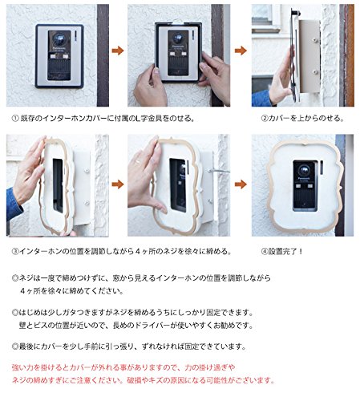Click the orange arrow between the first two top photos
click(x=118, y=51)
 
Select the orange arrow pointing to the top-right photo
click(x=241, y=51)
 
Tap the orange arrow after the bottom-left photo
click(x=118, y=184)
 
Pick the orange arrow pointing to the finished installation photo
click(x=241, y=184)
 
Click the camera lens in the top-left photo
click(x=59, y=39)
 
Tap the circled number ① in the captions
click(x=15, y=118)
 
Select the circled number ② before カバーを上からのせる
click(x=265, y=118)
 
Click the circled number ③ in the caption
click(x=15, y=251)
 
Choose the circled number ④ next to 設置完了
click(x=265, y=251)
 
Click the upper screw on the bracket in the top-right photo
click(x=315, y=40)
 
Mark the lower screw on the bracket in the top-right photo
click(x=315, y=72)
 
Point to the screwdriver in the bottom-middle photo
click(x=219, y=171)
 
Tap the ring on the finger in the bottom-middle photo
click(x=136, y=161)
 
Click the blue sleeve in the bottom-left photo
click(x=14, y=204)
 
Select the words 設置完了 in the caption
click(x=282, y=251)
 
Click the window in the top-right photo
click(x=264, y=16)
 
